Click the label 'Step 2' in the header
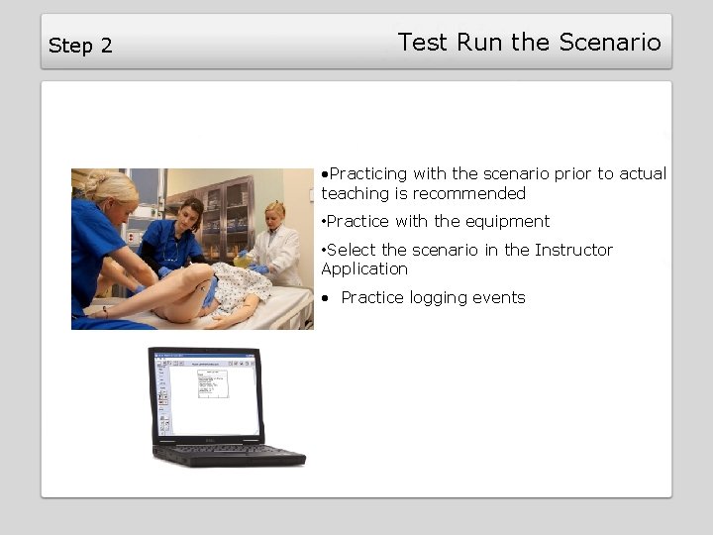[x=80, y=46]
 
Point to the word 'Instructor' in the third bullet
[x=573, y=250]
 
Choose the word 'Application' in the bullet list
[x=364, y=269]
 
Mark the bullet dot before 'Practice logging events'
[x=326, y=298]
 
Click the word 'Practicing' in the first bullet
[x=368, y=174]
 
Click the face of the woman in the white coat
[x=274, y=215]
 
